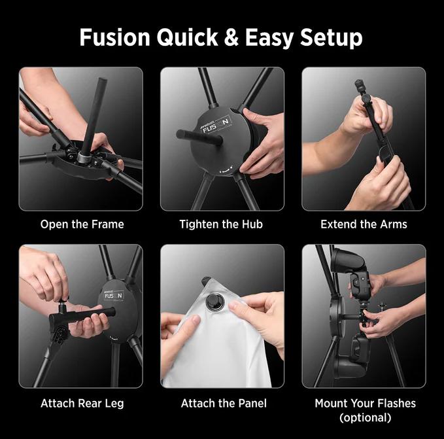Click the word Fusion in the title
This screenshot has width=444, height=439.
[115, 37]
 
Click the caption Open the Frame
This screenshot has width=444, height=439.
[82, 224]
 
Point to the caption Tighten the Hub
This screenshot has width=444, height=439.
[221, 224]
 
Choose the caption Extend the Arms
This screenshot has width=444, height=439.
[364, 224]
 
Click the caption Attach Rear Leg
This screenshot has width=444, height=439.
[81, 403]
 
